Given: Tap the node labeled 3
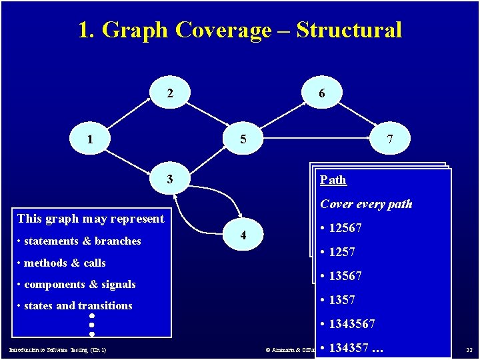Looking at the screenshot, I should click(170, 179).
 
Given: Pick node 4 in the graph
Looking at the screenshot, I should click(243, 235).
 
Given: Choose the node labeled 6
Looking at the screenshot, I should click(322, 94).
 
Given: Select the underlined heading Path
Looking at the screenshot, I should click(333, 180).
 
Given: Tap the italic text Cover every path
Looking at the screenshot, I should click(366, 204).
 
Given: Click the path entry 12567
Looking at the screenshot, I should click(345, 228).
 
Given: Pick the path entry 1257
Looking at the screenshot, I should click(341, 252).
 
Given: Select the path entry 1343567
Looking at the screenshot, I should click(351, 324).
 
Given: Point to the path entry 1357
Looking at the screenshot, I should click(341, 300).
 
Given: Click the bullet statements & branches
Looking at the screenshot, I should click(81, 241).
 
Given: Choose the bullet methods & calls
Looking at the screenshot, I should click(64, 263).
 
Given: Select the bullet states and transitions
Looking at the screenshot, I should click(77, 305).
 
